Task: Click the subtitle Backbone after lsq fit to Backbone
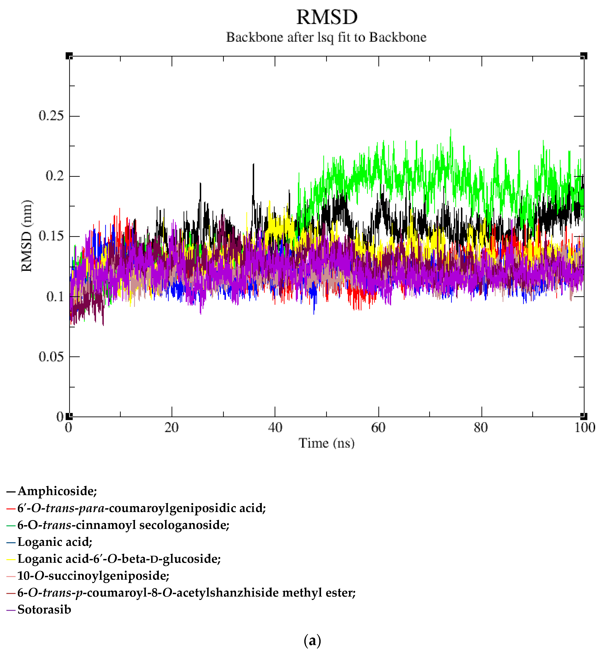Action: [x=326, y=37]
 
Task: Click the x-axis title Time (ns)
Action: [x=326, y=443]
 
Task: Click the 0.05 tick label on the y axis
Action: [x=51, y=357]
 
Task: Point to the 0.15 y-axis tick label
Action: [x=51, y=236]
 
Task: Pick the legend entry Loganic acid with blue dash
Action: [x=55, y=542]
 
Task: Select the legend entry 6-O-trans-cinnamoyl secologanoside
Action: [x=123, y=525]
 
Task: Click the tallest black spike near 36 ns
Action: [x=253, y=164]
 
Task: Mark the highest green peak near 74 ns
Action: [x=451, y=130]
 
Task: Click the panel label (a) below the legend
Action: [x=312, y=640]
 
